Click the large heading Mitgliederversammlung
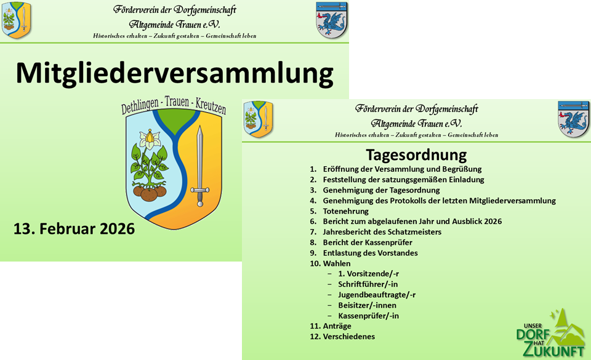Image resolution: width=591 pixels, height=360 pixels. pyautogui.click(x=174, y=74)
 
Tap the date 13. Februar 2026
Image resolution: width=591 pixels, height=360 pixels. pyautogui.click(x=74, y=229)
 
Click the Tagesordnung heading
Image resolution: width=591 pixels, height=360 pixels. pyautogui.click(x=416, y=155)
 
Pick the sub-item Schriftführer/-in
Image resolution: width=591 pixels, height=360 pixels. pyautogui.click(x=368, y=284)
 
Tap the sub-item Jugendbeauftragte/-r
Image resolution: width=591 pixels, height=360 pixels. pyautogui.click(x=377, y=295)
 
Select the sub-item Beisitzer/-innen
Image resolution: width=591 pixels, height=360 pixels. pyautogui.click(x=367, y=305)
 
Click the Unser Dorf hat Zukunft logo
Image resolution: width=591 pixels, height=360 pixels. pyautogui.click(x=550, y=334)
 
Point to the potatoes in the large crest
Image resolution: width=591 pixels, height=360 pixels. pyautogui.click(x=150, y=193)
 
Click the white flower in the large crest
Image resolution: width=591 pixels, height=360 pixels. pyautogui.click(x=150, y=138)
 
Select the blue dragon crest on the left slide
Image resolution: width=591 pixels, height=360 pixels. pyautogui.click(x=331, y=20)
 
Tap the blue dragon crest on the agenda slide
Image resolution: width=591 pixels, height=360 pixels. pyautogui.click(x=573, y=119)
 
